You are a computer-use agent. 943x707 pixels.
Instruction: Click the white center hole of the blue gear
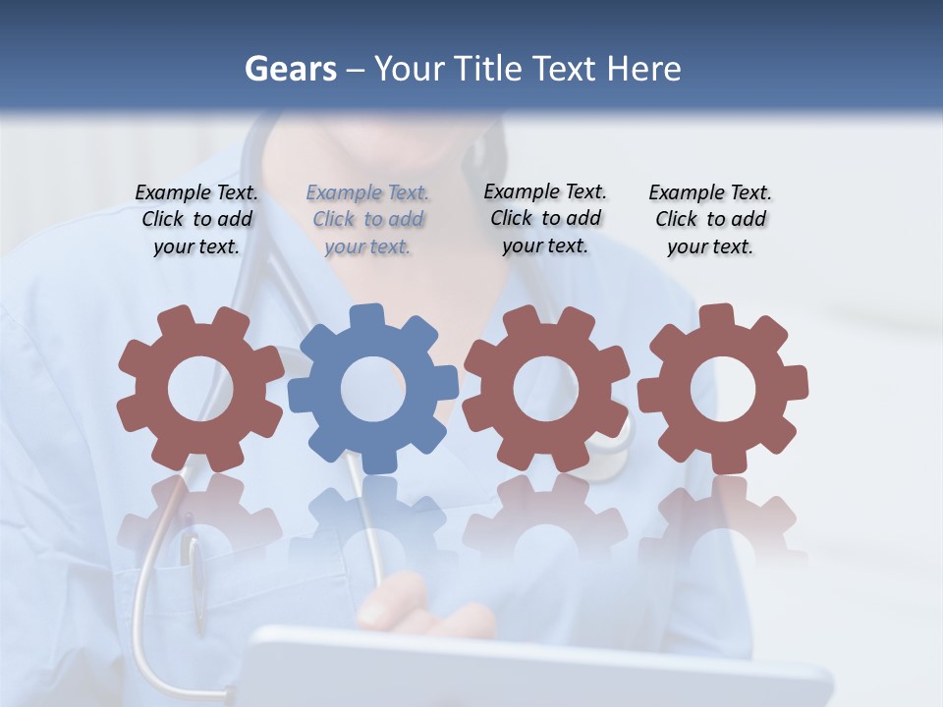click(x=373, y=389)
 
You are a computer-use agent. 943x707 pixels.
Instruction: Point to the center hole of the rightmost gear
click(x=723, y=389)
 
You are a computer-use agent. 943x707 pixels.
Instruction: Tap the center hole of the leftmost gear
click(x=200, y=390)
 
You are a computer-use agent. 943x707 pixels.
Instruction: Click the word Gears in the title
click(x=290, y=69)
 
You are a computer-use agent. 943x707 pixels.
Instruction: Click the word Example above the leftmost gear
click(x=172, y=193)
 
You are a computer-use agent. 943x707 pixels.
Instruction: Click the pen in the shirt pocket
click(x=197, y=579)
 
